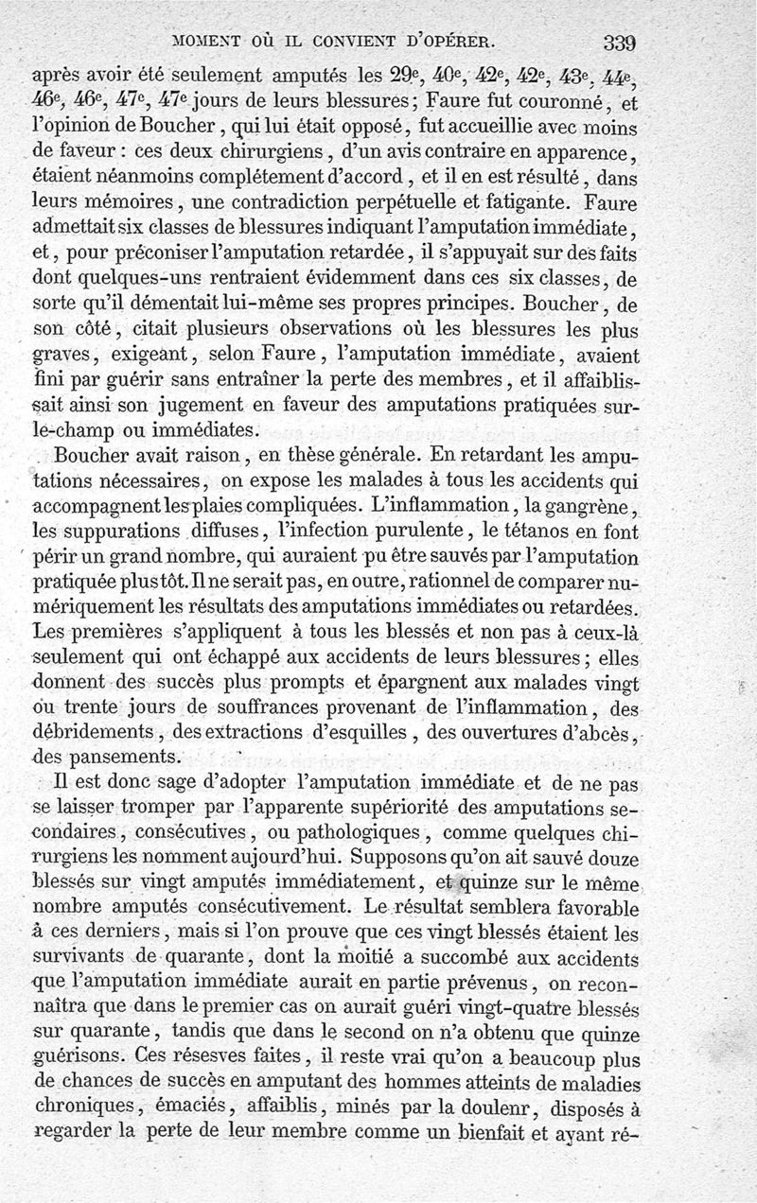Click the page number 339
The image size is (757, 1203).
click(x=618, y=44)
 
